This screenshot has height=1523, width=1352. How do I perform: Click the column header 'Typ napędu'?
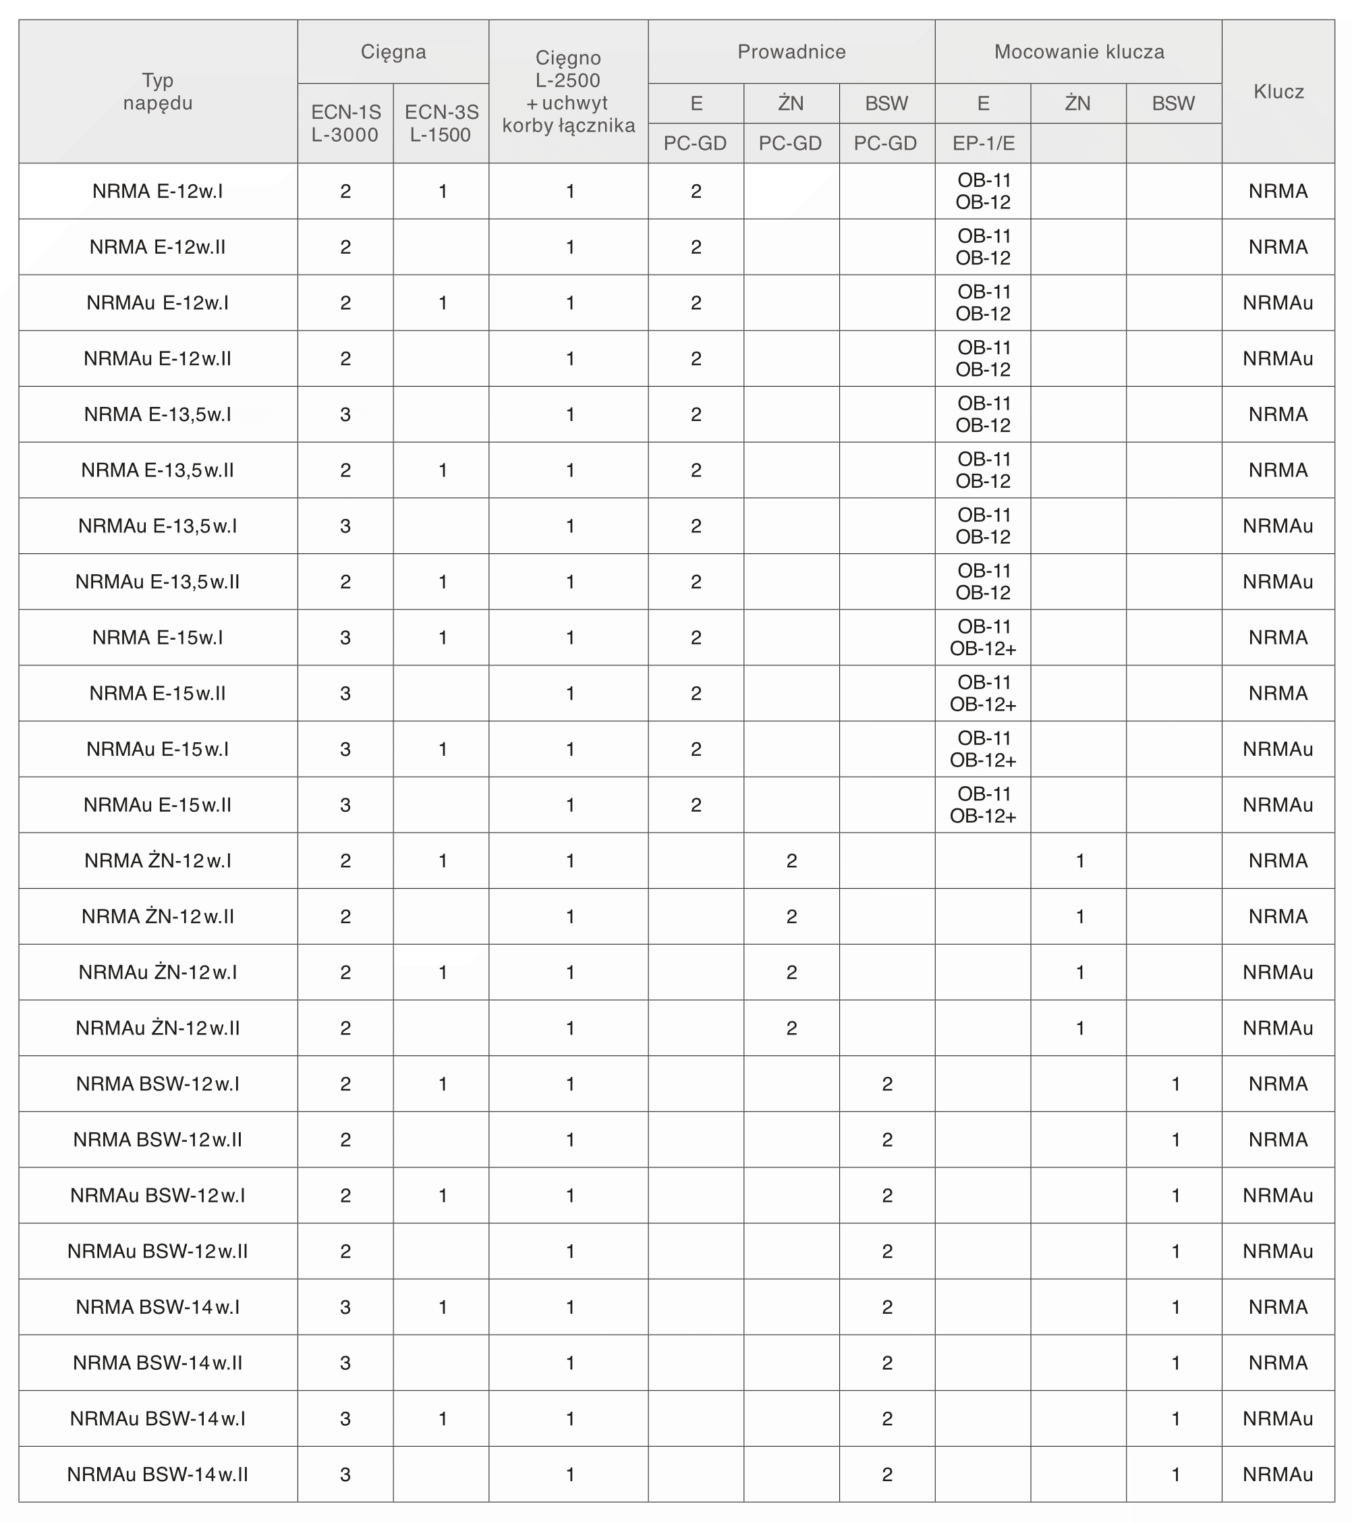click(x=158, y=92)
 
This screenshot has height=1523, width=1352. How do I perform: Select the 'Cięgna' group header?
click(x=393, y=52)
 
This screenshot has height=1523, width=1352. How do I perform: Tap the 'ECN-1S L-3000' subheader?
click(x=345, y=123)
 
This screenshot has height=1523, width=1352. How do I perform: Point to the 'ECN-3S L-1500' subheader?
click(x=441, y=123)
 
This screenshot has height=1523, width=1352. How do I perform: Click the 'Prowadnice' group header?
click(x=791, y=52)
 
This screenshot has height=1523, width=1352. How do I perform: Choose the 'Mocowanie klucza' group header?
click(x=1079, y=52)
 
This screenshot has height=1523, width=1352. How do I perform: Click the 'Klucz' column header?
click(x=1278, y=92)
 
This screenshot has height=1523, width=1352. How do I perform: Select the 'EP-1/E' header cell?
click(x=983, y=143)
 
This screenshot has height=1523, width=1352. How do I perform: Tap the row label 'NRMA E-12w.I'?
click(x=158, y=192)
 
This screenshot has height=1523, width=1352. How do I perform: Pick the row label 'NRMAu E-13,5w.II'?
click(x=158, y=582)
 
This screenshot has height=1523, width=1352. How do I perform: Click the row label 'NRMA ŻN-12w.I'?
click(x=158, y=860)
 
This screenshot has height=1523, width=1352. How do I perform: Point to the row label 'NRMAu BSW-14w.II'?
click(x=158, y=1474)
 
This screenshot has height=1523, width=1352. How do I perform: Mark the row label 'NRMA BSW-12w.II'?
click(x=158, y=1139)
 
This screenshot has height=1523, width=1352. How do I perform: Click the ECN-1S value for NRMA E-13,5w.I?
click(x=345, y=414)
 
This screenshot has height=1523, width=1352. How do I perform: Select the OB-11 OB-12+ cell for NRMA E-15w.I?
click(x=983, y=638)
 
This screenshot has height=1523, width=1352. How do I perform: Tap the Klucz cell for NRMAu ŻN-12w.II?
click(x=1278, y=1028)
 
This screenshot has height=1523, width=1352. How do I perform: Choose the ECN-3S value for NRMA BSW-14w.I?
click(x=443, y=1307)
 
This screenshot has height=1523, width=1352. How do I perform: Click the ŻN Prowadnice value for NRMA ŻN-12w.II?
click(x=791, y=916)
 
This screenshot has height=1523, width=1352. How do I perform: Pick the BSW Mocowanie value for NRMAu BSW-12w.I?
click(x=1175, y=1195)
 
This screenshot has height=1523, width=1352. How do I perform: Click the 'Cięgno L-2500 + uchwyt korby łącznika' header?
click(x=568, y=92)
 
